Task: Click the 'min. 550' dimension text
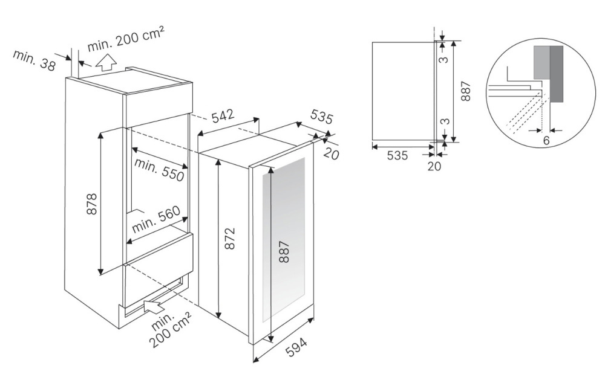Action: (159, 169)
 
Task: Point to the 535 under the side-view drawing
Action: (396, 155)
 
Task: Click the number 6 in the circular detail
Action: (546, 140)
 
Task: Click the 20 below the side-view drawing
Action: (434, 167)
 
